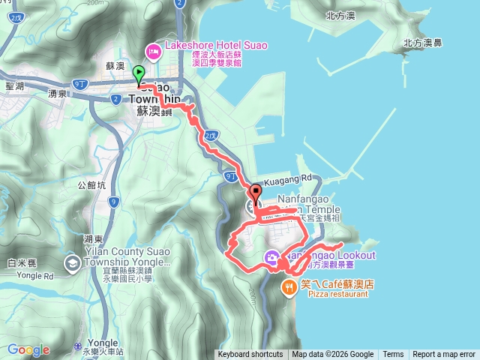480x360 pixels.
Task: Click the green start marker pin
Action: pyautogui.click(x=139, y=74)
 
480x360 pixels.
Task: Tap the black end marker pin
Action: pyautogui.click(x=255, y=191)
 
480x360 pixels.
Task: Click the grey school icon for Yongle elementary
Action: pyautogui.click(x=72, y=262)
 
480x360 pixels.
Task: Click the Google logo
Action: pyautogui.click(x=28, y=349)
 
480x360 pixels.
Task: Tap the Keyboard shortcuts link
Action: pyautogui.click(x=250, y=355)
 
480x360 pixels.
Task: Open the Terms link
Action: pyautogui.click(x=393, y=355)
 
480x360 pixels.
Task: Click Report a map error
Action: pyautogui.click(x=444, y=355)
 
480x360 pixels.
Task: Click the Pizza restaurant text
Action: pyautogui.click(x=338, y=295)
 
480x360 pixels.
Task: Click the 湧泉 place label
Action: pyautogui.click(x=58, y=94)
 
